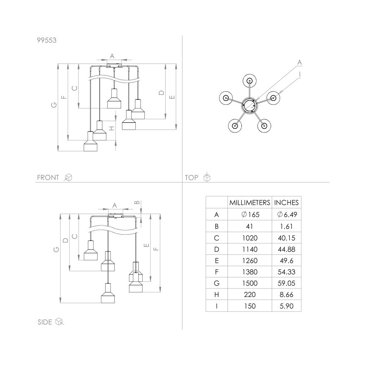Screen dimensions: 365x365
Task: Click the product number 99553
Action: point(47,41)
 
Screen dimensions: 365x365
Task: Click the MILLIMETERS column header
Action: point(249,202)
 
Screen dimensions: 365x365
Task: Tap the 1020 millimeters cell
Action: point(249,237)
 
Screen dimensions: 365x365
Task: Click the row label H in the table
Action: point(217,295)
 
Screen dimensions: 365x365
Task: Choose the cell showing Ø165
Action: point(249,214)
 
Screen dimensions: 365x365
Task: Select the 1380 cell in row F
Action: point(249,272)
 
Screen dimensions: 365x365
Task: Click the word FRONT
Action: point(48,177)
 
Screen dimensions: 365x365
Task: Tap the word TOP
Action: point(191,177)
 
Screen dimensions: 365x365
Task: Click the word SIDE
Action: point(45,322)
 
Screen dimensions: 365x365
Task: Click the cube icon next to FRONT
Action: point(68,177)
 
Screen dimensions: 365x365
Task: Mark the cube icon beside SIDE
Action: point(59,322)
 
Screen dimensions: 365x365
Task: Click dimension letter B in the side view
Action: point(136,202)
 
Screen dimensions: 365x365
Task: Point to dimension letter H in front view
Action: point(111,128)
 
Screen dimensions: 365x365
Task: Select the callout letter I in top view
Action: point(299,74)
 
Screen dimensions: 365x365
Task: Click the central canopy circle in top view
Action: point(249,105)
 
